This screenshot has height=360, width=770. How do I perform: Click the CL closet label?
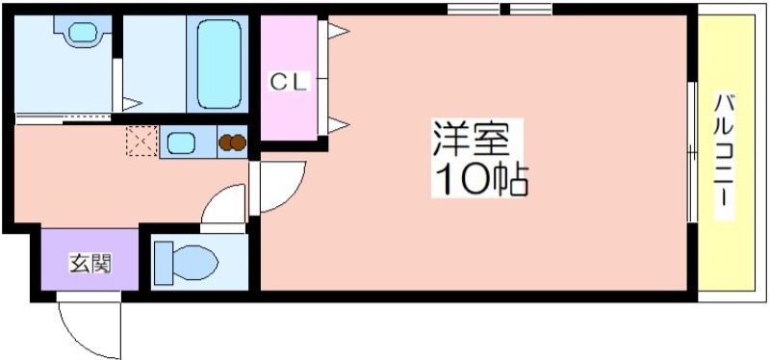tap(288, 83)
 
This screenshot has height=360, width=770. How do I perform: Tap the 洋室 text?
tap(470, 141)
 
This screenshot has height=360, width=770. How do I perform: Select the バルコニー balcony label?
tap(723, 154)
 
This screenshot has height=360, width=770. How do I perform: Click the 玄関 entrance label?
tap(89, 263)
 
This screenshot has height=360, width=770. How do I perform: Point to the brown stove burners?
tap(233, 143)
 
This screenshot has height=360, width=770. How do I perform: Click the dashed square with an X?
tap(141, 142)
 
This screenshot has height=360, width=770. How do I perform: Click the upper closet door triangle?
tap(338, 32)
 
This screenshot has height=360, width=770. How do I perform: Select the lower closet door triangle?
tap(338, 122)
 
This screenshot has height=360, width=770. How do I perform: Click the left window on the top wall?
tap(474, 10)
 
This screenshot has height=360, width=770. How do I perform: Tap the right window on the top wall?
tap(530, 10)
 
